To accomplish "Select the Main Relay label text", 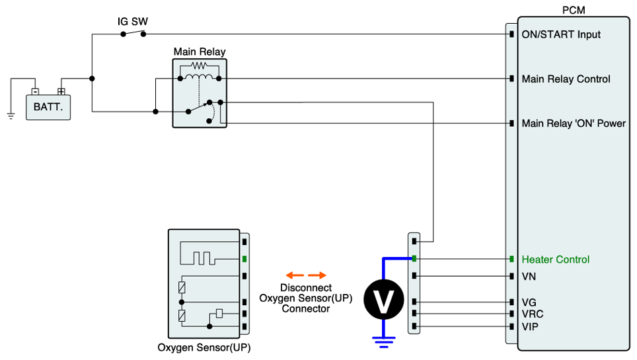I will coord(199,52).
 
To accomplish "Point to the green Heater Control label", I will coord(555,260).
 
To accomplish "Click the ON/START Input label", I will coord(561,34).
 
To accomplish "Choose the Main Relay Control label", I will coord(566,79).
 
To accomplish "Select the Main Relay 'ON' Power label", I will coord(573,124).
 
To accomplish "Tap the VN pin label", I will coord(529,276).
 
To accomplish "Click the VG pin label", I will coord(529,302).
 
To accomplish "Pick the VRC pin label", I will coord(532,314).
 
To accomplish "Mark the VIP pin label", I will coord(530,326).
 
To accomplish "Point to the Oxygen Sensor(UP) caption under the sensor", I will coord(204,347).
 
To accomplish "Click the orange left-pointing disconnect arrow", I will coord(294,275).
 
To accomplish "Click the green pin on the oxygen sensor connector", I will coord(244,259).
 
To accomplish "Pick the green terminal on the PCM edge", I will coord(511,259).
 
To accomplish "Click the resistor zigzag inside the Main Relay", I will coord(198,66).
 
